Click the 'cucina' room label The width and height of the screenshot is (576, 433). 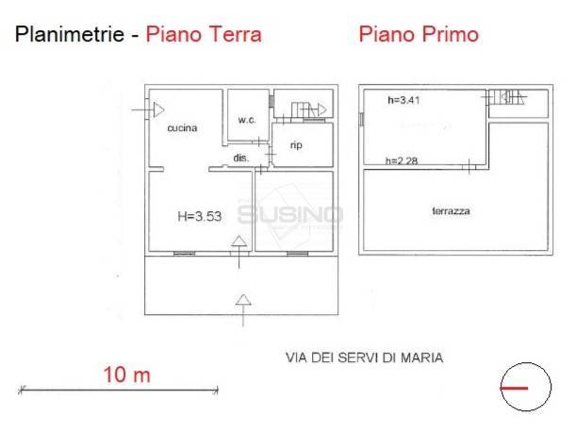tap(182, 128)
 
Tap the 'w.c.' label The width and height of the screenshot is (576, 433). tap(247, 120)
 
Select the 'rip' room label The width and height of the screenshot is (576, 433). tap(296, 144)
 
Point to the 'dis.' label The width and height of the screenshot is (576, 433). tap(240, 158)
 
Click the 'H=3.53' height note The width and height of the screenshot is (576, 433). tap(198, 217)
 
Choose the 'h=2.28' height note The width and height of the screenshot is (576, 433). tap(401, 160)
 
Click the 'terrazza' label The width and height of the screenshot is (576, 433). tap(438, 211)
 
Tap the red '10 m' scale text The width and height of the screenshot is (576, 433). tap(126, 375)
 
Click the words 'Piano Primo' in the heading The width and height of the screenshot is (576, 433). tap(419, 35)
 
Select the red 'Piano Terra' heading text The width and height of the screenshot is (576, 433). tap(203, 36)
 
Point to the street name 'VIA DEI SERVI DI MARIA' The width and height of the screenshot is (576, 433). tap(364, 358)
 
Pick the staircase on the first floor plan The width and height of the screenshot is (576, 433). tap(506, 95)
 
